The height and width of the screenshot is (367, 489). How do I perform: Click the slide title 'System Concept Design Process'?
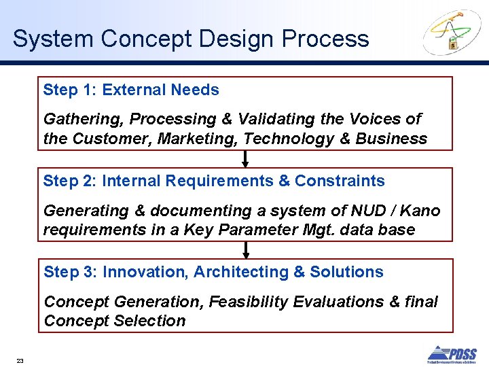click(191, 39)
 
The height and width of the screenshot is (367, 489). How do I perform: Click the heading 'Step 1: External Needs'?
click(131, 90)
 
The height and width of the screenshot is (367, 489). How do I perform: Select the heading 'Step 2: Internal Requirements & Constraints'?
click(214, 181)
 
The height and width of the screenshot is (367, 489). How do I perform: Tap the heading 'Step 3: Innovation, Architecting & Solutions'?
click(213, 272)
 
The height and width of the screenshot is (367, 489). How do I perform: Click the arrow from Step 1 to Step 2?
click(245, 158)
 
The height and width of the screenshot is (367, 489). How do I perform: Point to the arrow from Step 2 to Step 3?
click(245, 249)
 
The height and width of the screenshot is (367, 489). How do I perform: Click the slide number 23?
click(20, 361)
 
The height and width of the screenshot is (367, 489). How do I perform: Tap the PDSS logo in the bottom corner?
click(452, 354)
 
